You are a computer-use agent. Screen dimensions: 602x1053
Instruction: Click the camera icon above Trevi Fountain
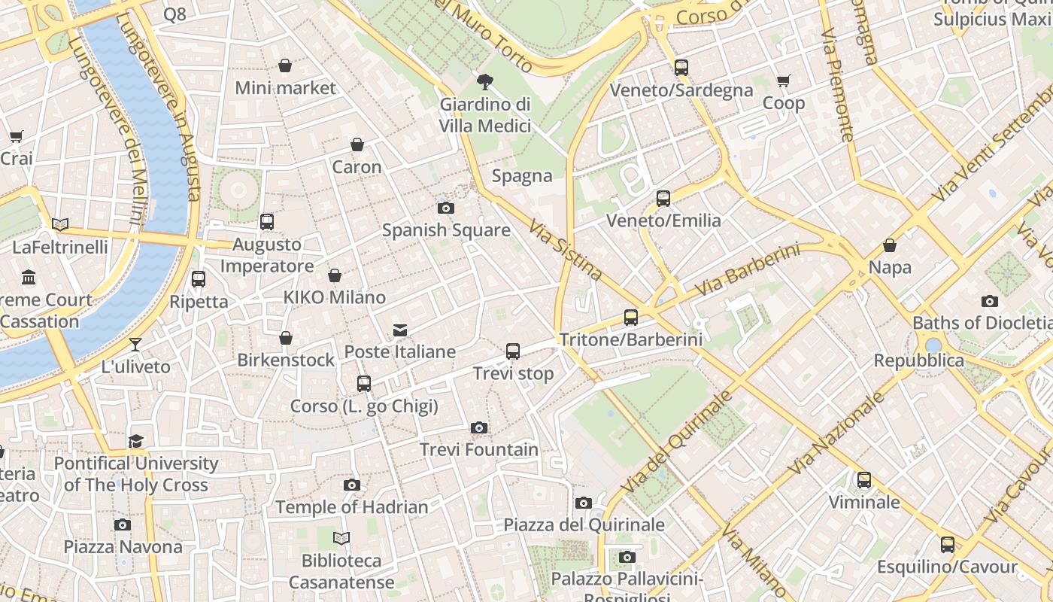pyautogui.click(x=479, y=428)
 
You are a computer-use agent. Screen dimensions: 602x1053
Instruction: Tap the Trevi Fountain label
pyautogui.click(x=479, y=450)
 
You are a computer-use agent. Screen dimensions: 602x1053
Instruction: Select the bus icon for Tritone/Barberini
pyautogui.click(x=631, y=318)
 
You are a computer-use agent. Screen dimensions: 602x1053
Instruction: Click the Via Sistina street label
pyautogui.click(x=565, y=250)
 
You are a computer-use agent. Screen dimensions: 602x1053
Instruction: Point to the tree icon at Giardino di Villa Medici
pyautogui.click(x=485, y=81)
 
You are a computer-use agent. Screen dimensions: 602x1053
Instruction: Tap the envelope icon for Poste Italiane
pyautogui.click(x=400, y=330)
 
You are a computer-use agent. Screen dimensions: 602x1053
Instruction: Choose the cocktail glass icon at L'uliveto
pyautogui.click(x=135, y=345)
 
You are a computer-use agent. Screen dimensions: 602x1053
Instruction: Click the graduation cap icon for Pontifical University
pyautogui.click(x=136, y=441)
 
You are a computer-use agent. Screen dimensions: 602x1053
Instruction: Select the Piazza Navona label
pyautogui.click(x=123, y=546)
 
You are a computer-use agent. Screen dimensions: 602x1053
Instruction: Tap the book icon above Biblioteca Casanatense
pyautogui.click(x=341, y=538)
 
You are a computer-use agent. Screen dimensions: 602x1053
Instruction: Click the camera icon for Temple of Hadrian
pyautogui.click(x=351, y=485)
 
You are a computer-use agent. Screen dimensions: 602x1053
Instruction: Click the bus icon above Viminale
pyautogui.click(x=864, y=479)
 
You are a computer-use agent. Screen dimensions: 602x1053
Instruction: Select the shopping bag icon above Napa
pyautogui.click(x=890, y=245)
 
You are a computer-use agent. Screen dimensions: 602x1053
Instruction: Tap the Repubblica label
pyautogui.click(x=918, y=360)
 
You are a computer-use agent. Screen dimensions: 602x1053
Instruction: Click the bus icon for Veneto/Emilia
pyautogui.click(x=663, y=199)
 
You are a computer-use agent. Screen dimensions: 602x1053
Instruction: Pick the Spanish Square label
pyautogui.click(x=446, y=230)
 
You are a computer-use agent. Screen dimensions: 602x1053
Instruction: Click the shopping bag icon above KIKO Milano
pyautogui.click(x=335, y=276)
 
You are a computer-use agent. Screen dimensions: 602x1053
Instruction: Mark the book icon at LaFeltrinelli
pyautogui.click(x=60, y=224)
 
